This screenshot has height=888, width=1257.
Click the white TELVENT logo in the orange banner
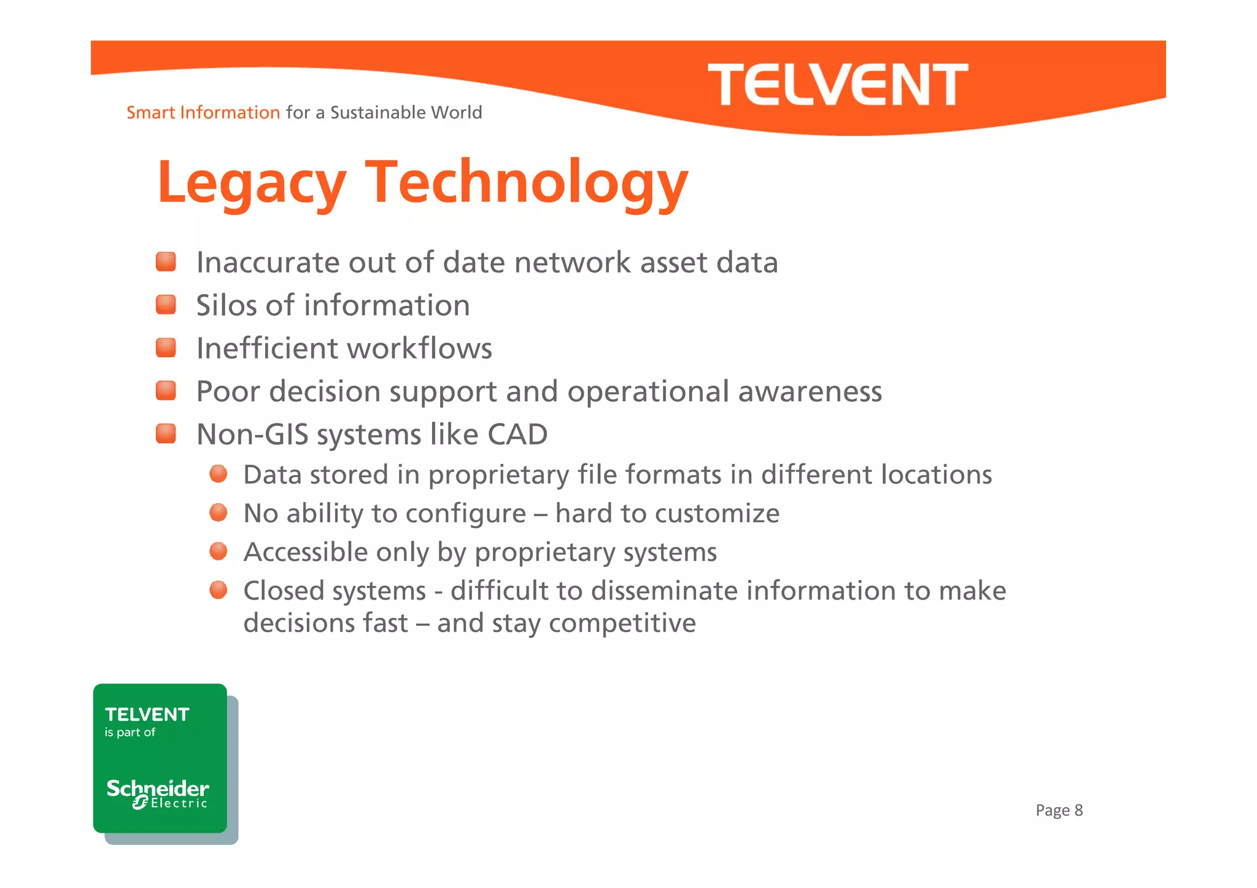[838, 85]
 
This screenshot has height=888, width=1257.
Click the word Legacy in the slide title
[252, 183]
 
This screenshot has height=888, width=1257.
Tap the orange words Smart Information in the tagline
[203, 113]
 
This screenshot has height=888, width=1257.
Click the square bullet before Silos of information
[166, 304]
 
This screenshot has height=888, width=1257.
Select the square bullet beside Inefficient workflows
[166, 347]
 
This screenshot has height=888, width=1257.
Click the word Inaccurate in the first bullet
[268, 263]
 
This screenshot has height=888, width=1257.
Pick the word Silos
[226, 306]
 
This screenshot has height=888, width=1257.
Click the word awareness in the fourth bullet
[810, 392]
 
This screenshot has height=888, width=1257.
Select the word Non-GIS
[252, 434]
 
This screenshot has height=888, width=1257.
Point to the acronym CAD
[517, 434]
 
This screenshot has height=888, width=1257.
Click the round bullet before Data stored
[219, 474]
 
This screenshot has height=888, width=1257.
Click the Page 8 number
[1059, 811]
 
